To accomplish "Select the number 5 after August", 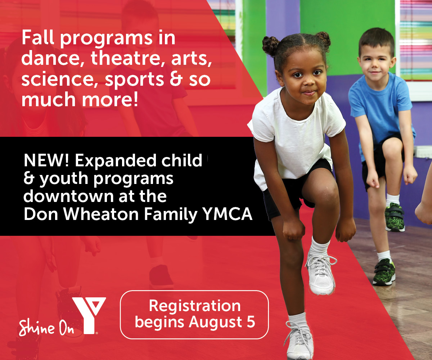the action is (251, 322).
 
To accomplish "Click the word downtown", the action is (68, 196).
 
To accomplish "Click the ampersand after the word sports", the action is (176, 79).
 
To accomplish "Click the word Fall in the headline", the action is (38, 37).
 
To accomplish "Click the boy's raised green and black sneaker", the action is (394, 217).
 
